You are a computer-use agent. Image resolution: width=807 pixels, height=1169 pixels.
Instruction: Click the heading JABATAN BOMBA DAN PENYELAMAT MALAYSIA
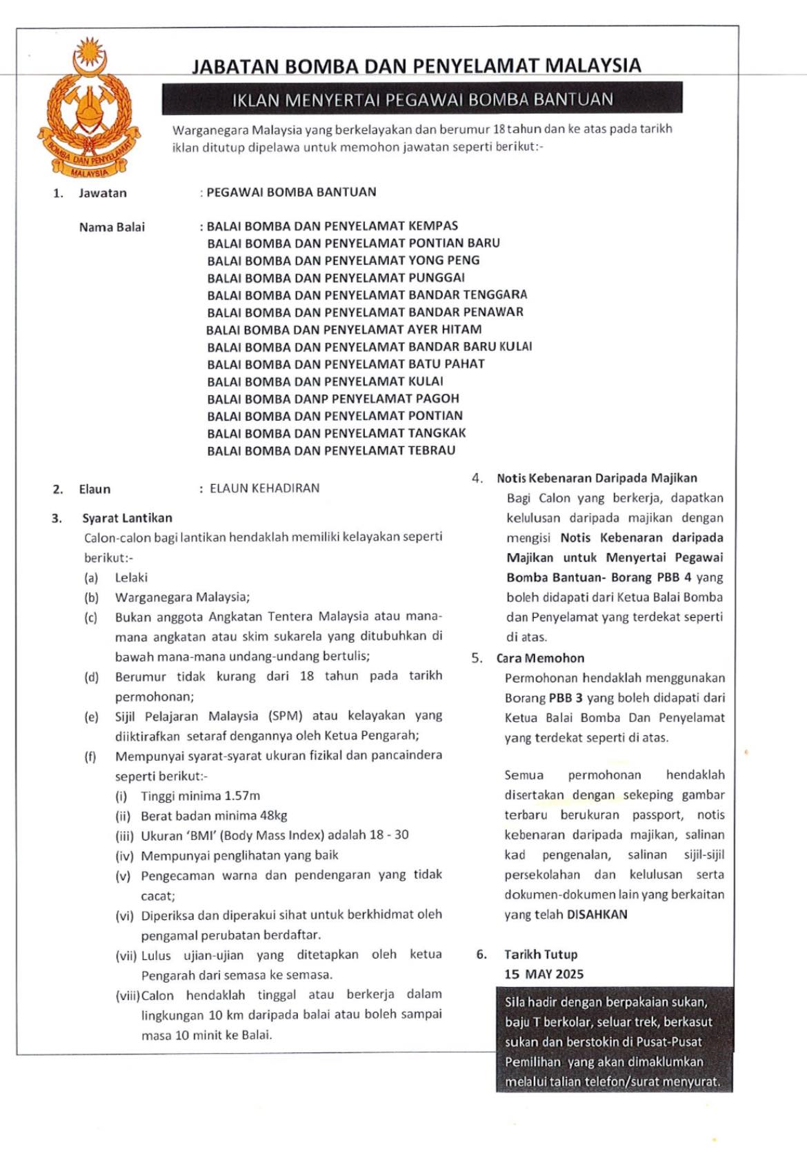click(416, 66)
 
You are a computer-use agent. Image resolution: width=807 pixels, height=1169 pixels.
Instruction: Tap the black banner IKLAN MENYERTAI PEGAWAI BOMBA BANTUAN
click(422, 99)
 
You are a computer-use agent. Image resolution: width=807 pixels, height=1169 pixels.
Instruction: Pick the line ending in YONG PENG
click(343, 260)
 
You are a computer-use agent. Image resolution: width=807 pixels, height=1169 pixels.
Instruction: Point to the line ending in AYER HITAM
click(343, 330)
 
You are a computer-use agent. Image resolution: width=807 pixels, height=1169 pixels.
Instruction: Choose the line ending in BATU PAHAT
click(346, 364)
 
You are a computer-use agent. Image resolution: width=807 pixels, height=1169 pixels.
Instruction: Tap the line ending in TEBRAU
click(331, 450)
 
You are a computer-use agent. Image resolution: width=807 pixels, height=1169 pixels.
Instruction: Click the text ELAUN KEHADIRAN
click(265, 488)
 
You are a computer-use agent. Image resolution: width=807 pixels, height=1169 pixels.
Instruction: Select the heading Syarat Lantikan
click(127, 518)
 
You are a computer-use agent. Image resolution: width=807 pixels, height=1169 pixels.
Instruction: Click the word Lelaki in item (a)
click(131, 577)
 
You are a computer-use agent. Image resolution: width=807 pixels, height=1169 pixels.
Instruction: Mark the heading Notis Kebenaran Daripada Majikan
click(597, 478)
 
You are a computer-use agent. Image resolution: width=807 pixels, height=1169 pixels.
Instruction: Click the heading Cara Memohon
click(540, 658)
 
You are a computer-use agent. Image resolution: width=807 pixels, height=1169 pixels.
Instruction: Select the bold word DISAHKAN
click(597, 915)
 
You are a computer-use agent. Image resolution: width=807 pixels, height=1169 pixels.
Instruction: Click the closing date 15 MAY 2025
click(544, 974)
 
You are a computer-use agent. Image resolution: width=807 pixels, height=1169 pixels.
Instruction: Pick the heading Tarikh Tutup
click(541, 955)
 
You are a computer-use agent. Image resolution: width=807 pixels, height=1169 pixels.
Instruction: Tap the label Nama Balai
click(112, 227)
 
